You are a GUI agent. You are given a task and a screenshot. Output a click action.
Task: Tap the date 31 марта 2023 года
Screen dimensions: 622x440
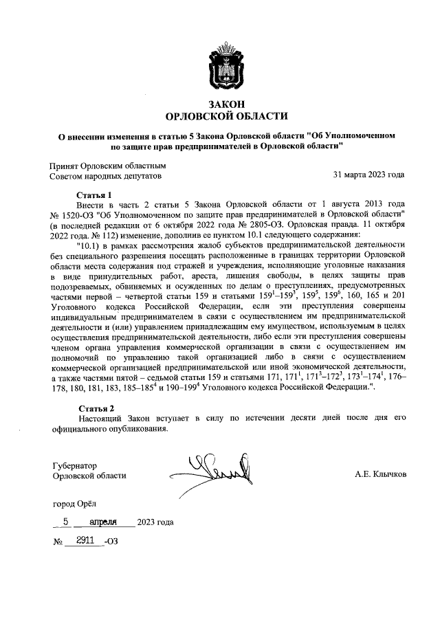coord(368,175)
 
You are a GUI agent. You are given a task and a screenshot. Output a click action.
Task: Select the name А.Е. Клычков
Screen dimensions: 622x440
coord(380,475)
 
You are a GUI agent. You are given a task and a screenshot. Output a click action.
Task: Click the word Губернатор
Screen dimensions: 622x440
coord(76,465)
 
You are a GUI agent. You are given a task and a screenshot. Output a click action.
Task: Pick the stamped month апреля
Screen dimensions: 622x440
coord(109,522)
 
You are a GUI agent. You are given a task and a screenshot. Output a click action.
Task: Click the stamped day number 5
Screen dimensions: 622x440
coord(65,522)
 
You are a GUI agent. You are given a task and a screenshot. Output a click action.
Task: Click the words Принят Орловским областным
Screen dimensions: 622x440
coord(108,166)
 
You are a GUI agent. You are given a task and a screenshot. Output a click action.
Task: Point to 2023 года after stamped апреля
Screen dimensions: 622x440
coord(155,522)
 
